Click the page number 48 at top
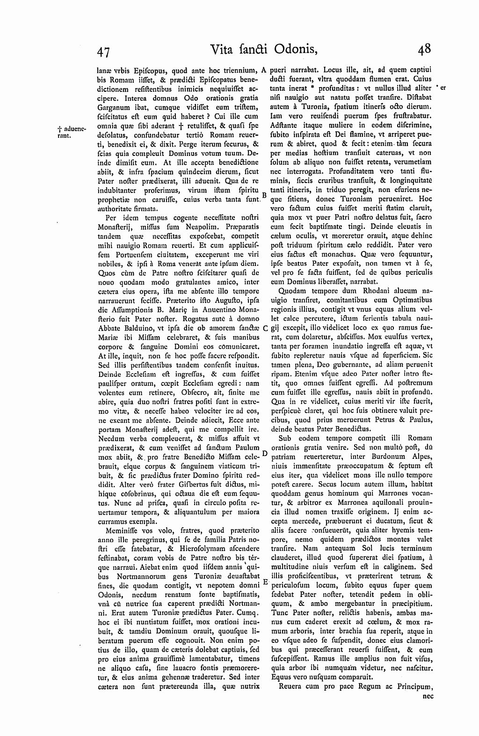[424, 49]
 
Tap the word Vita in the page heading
[223, 49]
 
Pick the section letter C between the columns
[265, 328]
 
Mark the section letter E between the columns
[265, 582]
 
